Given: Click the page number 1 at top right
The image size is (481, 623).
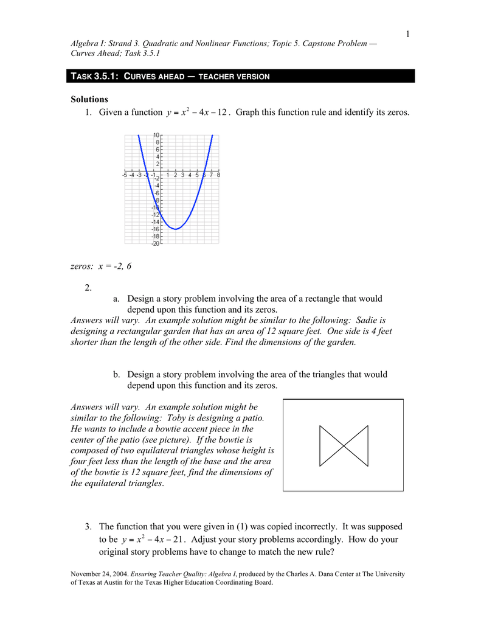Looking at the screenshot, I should coord(408,33).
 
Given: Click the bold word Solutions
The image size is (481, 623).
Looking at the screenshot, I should coord(89,99).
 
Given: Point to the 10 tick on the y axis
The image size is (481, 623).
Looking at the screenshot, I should coord(156,134).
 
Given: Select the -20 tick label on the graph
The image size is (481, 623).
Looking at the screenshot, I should coord(155,243).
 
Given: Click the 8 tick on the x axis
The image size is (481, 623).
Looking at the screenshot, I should coord(218,175).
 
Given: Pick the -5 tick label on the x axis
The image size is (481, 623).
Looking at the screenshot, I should coord(125,175).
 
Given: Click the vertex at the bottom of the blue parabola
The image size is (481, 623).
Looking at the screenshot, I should coord(175,229).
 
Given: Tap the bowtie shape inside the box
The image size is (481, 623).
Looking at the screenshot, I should coord(344,445).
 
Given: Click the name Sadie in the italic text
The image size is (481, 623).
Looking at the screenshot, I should coord(367,319).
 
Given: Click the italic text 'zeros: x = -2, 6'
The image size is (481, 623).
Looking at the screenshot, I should coord(101,266).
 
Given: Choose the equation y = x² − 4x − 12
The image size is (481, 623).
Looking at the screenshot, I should coord(196,113).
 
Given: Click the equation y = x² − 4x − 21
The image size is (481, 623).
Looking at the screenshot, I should coord(153,540).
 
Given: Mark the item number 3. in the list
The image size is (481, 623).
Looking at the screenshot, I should coord(89,526).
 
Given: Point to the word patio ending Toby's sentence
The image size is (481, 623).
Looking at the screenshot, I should coord(251,417).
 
